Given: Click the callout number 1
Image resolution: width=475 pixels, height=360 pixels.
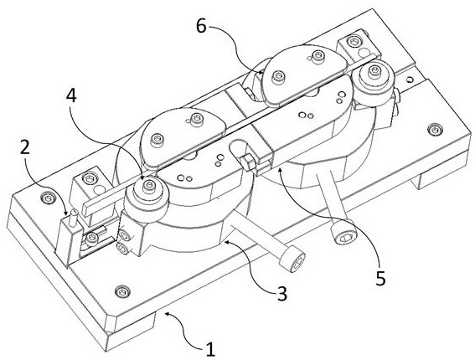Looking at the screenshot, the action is coord(210,349).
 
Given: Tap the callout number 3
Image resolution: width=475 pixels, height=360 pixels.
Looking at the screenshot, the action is coord(281,293).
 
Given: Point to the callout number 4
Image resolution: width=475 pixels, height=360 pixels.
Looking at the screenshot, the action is coord(71,97).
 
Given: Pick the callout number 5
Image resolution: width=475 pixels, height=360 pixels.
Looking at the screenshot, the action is coord(380,279).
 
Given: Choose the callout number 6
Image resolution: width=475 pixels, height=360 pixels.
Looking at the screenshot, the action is coord(201,26).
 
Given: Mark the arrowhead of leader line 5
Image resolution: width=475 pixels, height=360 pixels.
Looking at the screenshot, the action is coord(281,172).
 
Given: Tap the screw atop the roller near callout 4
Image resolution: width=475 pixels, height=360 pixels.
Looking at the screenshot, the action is coord(149,184).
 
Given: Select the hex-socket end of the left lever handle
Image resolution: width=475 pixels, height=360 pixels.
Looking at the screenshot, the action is coord(292,260).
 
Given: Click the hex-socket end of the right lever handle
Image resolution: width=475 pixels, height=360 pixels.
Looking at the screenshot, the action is coord(343,236).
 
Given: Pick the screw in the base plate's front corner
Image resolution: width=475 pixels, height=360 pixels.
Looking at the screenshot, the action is coord(122,292).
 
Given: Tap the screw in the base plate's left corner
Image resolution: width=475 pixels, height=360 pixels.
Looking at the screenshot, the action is coord(48,198).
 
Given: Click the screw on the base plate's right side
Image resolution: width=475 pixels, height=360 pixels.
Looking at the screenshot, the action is coord(434,130).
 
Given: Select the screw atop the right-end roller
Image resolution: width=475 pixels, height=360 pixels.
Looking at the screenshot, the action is coord(373,70).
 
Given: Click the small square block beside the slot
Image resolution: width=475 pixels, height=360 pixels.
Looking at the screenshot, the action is coord(247,162).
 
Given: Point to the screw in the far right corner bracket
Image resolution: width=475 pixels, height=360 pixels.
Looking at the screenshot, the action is coord(353,41).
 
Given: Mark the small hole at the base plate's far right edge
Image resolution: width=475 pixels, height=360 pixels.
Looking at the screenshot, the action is coord(410,80).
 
